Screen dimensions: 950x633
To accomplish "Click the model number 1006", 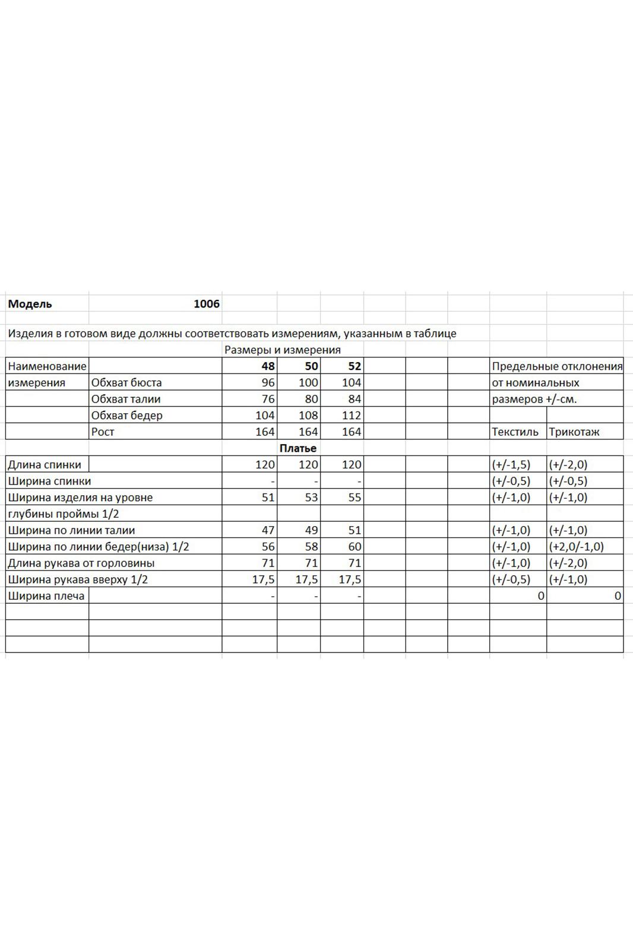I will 207,304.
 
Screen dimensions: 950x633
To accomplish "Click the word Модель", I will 30,304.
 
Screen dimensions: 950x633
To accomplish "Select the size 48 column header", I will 268,366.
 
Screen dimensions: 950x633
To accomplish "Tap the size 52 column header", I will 355,366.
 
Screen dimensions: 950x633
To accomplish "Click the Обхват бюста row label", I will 126,383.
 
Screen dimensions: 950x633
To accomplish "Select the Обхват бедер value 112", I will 352,416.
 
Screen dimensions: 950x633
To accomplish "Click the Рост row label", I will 103,432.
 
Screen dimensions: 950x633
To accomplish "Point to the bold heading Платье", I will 298,448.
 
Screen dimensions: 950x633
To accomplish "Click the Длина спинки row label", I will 45,465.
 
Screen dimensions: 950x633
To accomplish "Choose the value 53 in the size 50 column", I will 311,498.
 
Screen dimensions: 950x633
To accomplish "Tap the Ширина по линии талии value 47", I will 268,530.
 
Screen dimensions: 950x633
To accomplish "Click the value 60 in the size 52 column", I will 355,547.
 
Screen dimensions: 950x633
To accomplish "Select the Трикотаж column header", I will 574,432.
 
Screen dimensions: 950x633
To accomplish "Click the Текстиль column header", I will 515,432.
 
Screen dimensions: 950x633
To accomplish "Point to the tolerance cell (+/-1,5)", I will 511,465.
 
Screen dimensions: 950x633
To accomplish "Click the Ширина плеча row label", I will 46,596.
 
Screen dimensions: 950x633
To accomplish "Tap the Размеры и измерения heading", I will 283,350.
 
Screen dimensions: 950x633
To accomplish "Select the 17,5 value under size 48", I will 264,579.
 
